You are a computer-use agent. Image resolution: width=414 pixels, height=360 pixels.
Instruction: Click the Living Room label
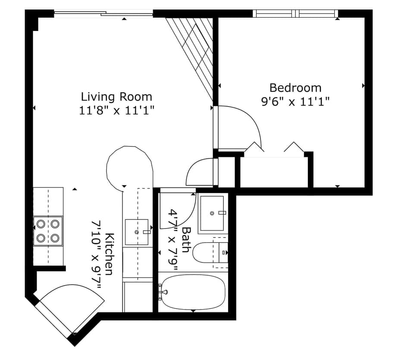(116, 96)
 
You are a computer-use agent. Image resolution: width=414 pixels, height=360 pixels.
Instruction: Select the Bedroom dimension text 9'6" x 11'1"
(295, 102)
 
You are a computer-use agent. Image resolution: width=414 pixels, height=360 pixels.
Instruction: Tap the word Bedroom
(295, 88)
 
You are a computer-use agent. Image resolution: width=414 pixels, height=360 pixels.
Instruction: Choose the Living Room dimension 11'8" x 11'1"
(116, 110)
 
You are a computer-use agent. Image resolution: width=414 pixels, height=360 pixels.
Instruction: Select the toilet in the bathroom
(207, 253)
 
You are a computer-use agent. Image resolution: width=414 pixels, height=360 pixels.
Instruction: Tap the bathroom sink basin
(211, 213)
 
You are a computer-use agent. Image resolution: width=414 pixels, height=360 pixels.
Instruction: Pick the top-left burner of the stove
(41, 224)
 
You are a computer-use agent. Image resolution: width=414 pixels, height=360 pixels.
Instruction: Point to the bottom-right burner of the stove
(55, 238)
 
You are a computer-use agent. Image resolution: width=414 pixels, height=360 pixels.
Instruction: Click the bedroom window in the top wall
(295, 13)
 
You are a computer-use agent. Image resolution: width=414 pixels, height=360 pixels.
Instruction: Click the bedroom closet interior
(274, 172)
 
